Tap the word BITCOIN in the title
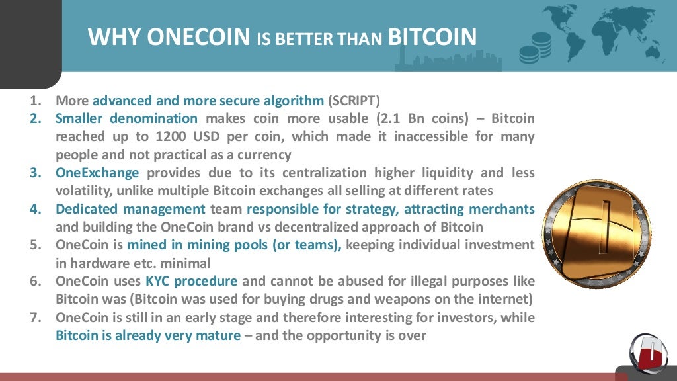click(x=432, y=36)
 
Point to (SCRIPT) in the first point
click(x=354, y=101)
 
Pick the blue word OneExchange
click(x=97, y=173)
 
